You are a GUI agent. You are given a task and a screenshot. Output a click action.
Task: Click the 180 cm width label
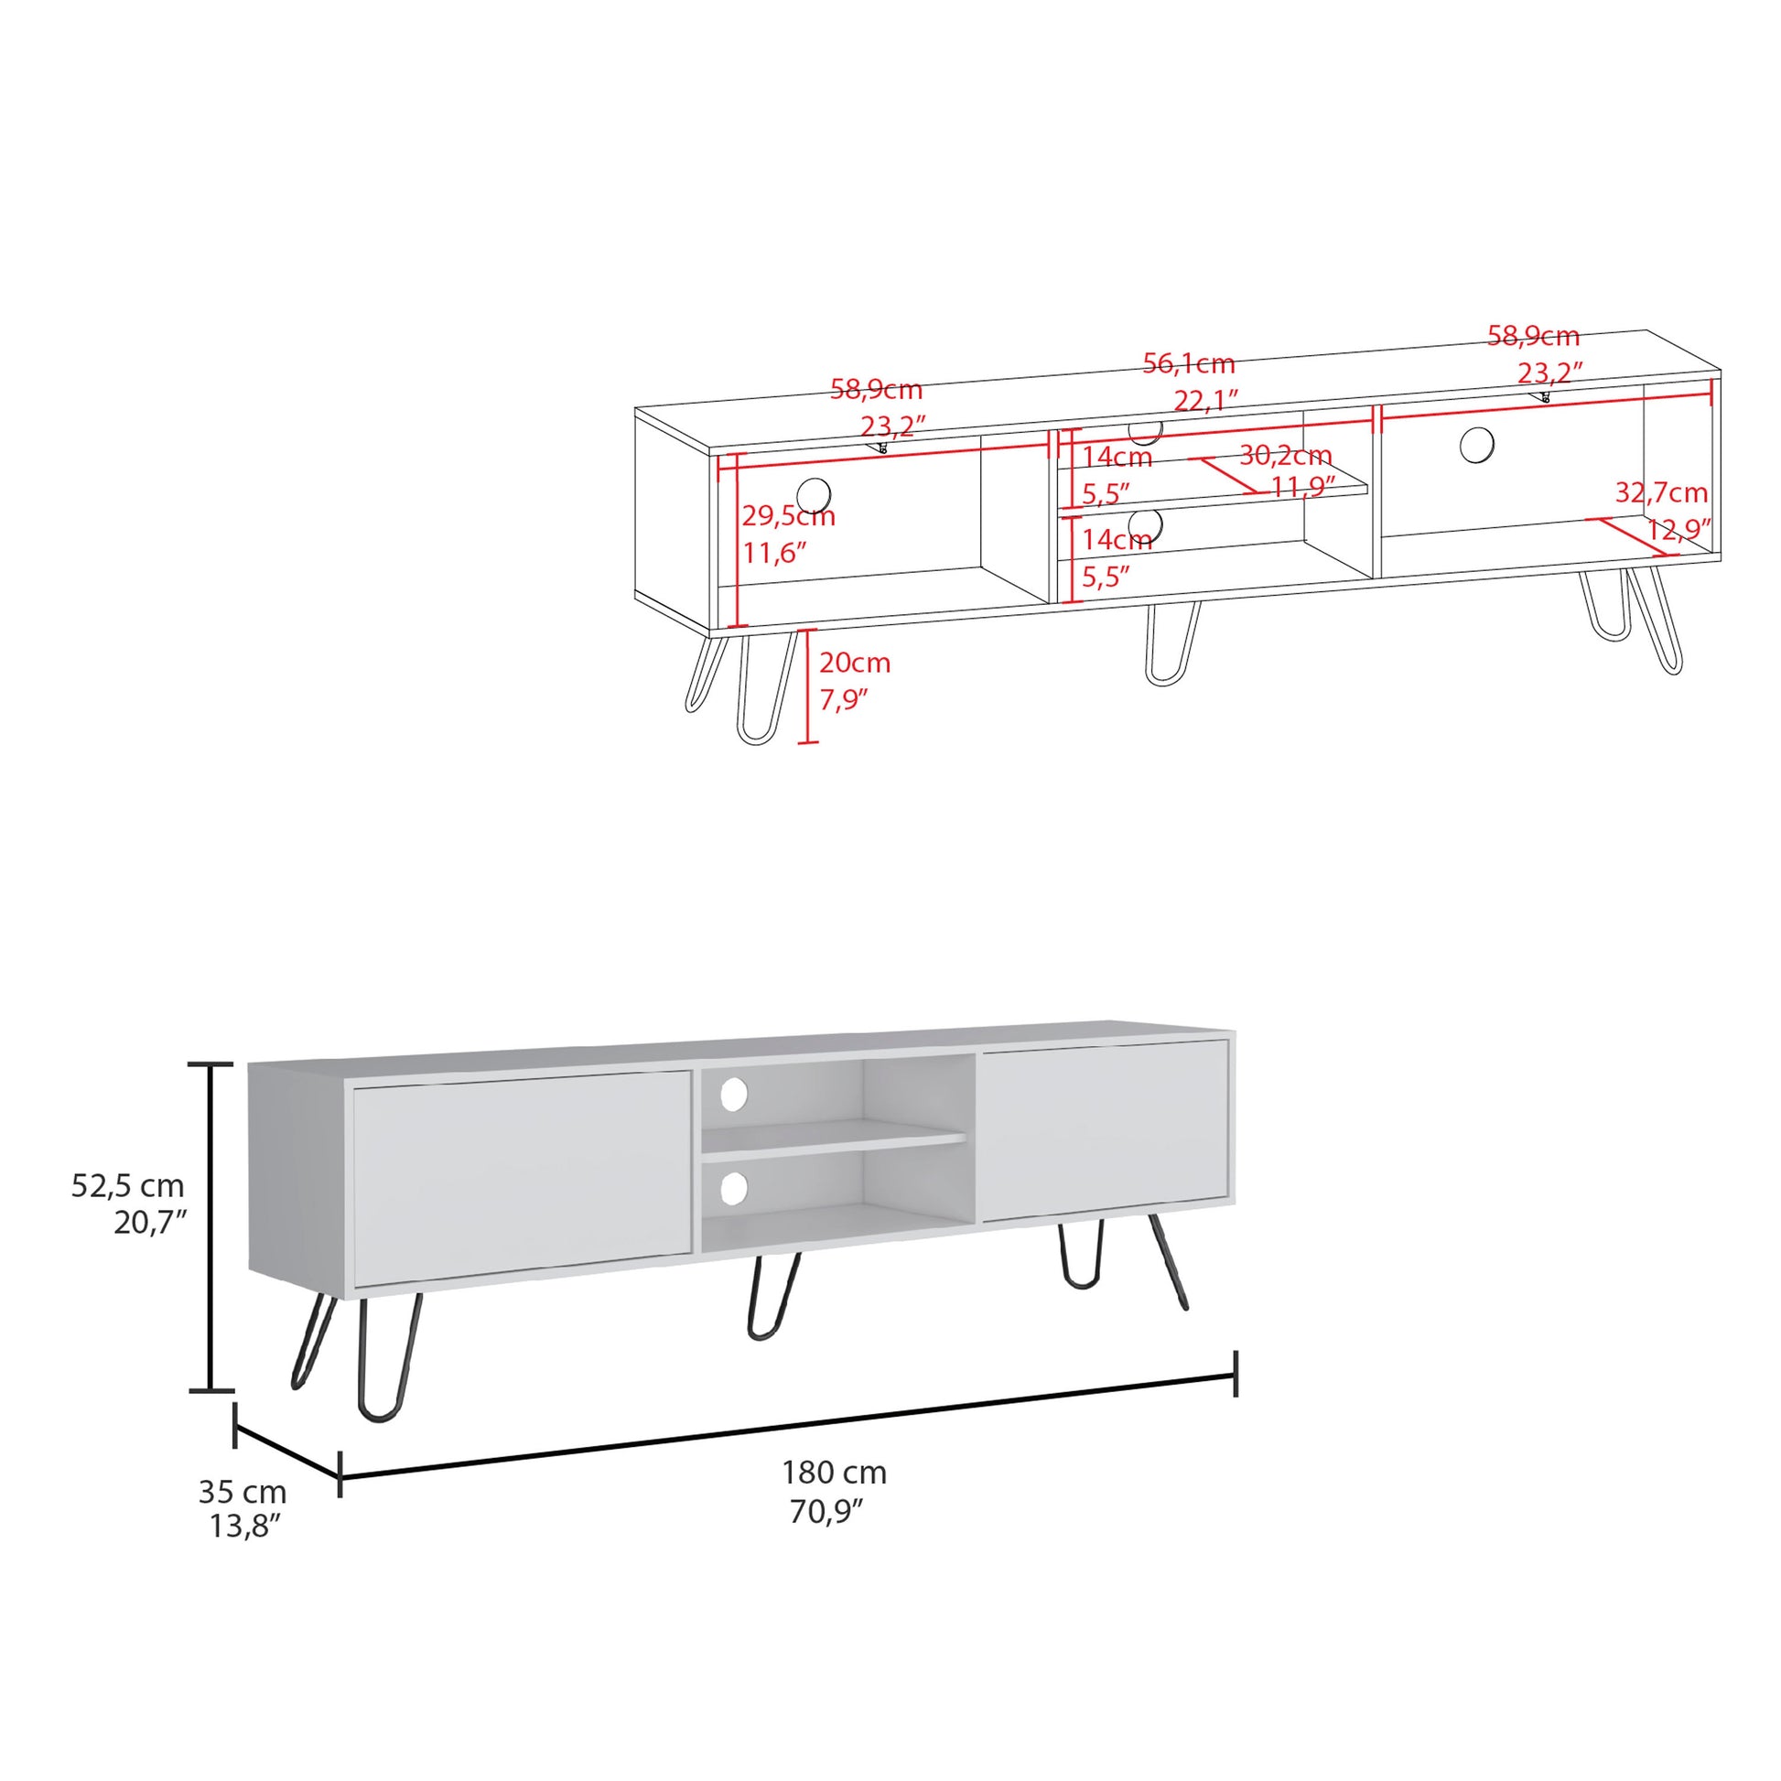pos(834,1473)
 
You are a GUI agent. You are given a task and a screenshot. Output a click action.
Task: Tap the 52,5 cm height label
pos(127,1184)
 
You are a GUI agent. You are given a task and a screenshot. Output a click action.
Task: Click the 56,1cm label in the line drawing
pos(1188,364)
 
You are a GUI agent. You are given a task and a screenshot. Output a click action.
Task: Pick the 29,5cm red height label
pos(788,516)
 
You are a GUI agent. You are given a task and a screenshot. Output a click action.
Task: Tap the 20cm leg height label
pos(855,663)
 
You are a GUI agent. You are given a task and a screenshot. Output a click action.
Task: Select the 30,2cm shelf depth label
pos(1285,456)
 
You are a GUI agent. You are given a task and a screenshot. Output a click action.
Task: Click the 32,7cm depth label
pos(1661,493)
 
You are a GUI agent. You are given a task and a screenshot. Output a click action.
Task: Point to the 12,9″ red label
pos(1678,530)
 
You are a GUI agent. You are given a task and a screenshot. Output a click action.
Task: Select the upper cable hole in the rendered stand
pos(734,1095)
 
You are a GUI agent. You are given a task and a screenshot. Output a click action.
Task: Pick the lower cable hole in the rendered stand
pos(734,1188)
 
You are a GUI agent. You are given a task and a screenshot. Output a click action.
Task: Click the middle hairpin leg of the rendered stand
pos(772,1295)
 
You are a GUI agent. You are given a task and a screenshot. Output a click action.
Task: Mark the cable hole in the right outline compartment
pos(1477,445)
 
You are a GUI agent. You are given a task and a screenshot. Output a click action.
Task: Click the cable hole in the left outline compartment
pos(813,494)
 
